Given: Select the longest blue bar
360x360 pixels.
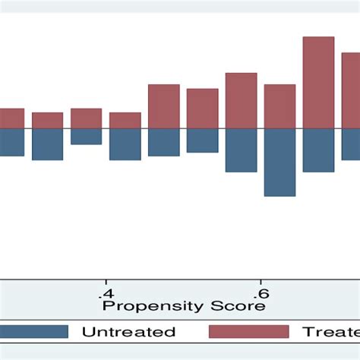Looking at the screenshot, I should point(279,163).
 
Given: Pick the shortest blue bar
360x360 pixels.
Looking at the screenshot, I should point(86,137).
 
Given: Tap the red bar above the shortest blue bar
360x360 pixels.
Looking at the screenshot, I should point(86,118).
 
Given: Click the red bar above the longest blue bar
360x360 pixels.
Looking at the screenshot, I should point(279,106).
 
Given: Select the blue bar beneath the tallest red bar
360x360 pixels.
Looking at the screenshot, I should point(318,150).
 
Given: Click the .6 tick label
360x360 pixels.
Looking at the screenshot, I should point(260,294).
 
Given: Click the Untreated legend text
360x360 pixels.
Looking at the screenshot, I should point(128,332).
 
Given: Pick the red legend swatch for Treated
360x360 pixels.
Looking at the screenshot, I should point(248,332).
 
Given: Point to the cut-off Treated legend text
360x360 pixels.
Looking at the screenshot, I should point(331,332).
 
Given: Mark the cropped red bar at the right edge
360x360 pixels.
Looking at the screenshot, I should point(351,90).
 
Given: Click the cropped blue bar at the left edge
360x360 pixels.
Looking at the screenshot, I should point(11,142).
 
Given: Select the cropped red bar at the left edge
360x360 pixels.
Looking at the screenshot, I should point(11,118).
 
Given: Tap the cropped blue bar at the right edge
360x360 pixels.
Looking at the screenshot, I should point(351,144).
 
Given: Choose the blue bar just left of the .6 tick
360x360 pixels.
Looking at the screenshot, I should point(241,150).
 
